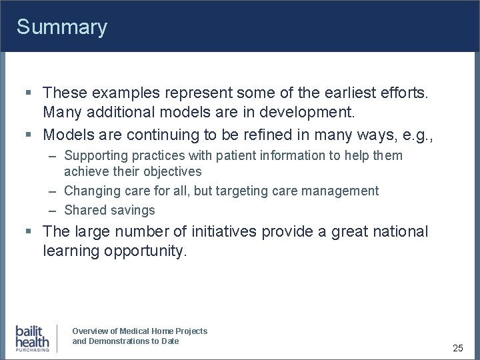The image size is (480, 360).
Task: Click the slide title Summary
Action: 61,27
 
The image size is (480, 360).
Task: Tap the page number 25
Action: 458,348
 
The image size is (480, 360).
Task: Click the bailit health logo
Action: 33,338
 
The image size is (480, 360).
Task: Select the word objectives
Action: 171,171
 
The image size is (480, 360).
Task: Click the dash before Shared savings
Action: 52,210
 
